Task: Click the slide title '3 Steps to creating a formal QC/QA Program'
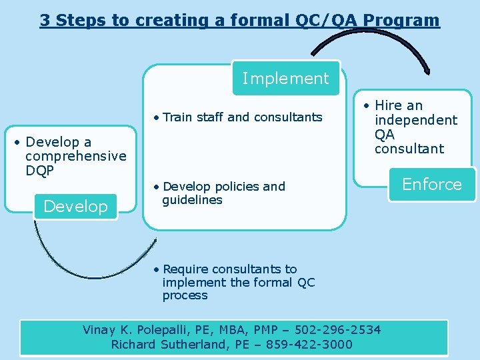click(x=240, y=20)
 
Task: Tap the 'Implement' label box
click(x=285, y=79)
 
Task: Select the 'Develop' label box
click(x=75, y=207)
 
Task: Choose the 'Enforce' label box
click(x=432, y=185)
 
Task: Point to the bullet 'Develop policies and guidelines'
click(x=223, y=193)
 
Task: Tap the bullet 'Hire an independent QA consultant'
click(x=415, y=127)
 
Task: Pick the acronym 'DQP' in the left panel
click(x=40, y=171)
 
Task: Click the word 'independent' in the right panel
click(x=415, y=120)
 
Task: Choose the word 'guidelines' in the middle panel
click(x=192, y=200)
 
